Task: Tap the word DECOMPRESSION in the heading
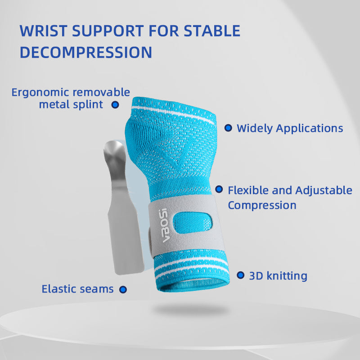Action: tap(86, 52)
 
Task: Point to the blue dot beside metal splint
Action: tap(115, 104)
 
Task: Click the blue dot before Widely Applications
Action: tap(228, 128)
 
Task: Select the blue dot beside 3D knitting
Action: tap(241, 275)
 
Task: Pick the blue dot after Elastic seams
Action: tap(122, 289)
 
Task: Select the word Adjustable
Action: tap(324, 190)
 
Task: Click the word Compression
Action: tap(262, 205)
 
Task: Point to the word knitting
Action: tap(287, 275)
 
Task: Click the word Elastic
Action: tap(58, 289)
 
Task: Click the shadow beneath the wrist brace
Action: tap(189, 310)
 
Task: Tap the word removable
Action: tap(101, 93)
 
